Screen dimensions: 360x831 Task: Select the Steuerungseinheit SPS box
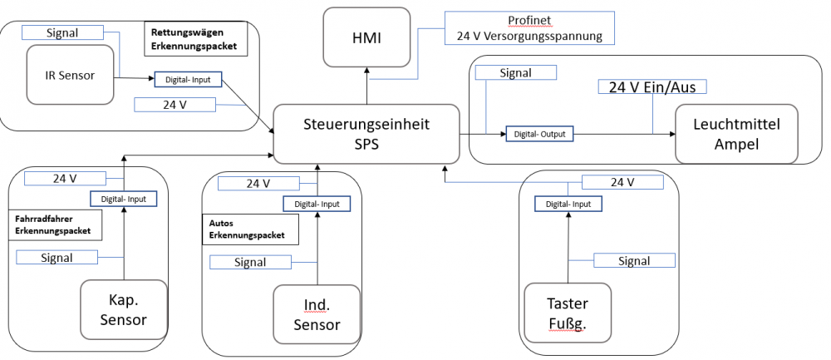(366, 133)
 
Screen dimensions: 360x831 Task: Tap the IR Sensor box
(70, 76)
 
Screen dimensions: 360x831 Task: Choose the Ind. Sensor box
(317, 314)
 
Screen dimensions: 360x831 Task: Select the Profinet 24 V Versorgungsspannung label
(529, 27)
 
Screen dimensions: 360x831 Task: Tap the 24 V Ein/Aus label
(652, 87)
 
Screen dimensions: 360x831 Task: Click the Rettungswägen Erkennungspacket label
(195, 40)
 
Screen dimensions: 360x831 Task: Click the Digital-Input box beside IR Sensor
(189, 80)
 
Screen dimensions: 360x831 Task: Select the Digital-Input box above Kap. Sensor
(123, 199)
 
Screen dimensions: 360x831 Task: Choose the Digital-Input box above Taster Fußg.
(568, 204)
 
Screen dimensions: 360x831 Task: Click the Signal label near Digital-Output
(515, 73)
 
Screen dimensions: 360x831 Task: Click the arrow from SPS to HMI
(366, 86)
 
